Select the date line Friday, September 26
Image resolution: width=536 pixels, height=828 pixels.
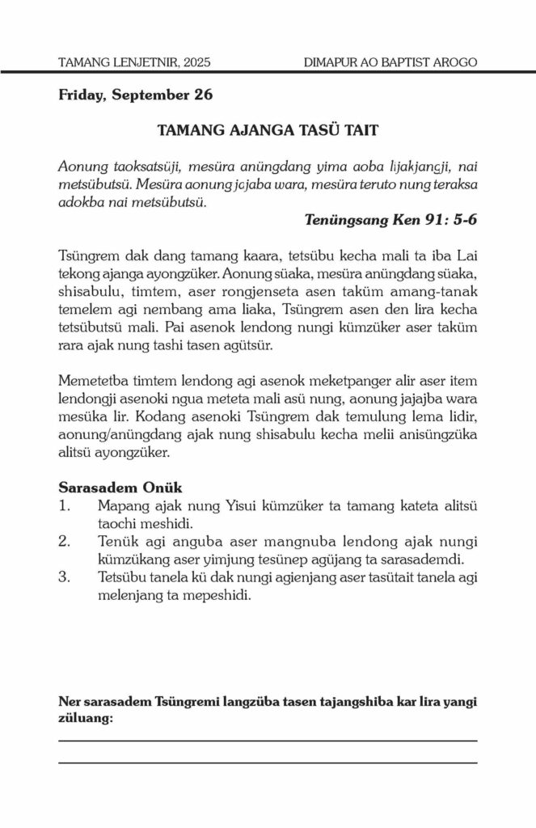point(135,95)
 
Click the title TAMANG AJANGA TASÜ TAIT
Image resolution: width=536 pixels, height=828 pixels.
point(268,130)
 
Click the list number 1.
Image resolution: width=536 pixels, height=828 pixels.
point(64,506)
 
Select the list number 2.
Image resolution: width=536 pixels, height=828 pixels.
point(65,541)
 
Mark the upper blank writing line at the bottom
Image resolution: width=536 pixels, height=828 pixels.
point(268,740)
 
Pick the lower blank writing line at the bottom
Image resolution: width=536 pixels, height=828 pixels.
point(268,762)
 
